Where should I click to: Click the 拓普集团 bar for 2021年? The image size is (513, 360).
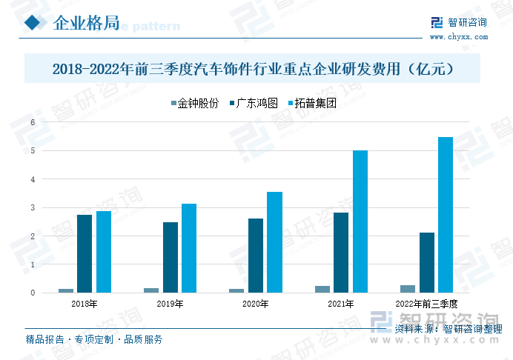click(x=360, y=221)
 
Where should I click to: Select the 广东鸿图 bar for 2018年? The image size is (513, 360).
click(x=85, y=253)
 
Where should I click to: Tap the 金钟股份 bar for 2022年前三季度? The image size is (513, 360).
click(x=408, y=289)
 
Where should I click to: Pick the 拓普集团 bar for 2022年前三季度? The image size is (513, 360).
click(x=446, y=215)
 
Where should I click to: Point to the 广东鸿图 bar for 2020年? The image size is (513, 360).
click(x=256, y=256)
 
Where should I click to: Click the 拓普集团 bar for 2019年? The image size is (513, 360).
click(x=189, y=248)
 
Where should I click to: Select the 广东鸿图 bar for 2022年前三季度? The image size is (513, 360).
click(x=427, y=262)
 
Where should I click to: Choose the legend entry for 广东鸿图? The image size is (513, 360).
click(x=254, y=104)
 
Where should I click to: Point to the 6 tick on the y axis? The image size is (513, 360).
click(x=33, y=122)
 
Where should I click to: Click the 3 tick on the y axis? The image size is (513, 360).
click(x=33, y=207)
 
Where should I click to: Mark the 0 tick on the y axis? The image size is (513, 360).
click(x=33, y=293)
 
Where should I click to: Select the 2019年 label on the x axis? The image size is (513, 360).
click(x=170, y=304)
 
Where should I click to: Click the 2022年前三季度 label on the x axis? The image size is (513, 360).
click(x=427, y=304)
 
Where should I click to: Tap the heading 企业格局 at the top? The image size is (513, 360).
click(x=87, y=24)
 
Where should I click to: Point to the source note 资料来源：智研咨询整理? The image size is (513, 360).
click(x=449, y=328)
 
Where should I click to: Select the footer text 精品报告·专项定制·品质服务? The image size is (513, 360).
click(x=94, y=340)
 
